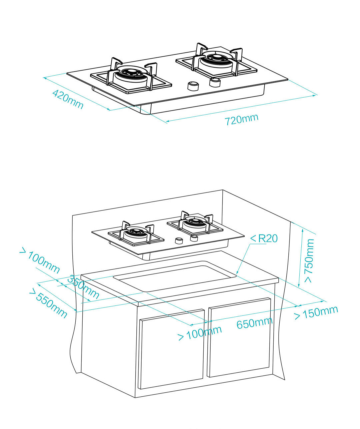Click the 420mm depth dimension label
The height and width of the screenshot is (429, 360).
click(x=68, y=99)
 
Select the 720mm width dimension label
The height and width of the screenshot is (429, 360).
click(x=241, y=119)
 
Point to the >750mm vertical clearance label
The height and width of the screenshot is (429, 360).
click(x=309, y=260)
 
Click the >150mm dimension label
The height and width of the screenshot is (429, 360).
click(x=316, y=312)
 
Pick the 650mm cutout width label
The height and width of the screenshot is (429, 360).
click(x=254, y=323)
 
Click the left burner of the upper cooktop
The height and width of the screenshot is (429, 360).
click(x=132, y=75)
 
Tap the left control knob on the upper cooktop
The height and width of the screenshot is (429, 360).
click(x=192, y=86)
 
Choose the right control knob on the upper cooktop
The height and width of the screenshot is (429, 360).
click(x=215, y=82)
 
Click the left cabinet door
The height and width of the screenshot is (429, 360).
click(x=171, y=349)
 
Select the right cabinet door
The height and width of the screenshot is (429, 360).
click(x=239, y=337)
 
